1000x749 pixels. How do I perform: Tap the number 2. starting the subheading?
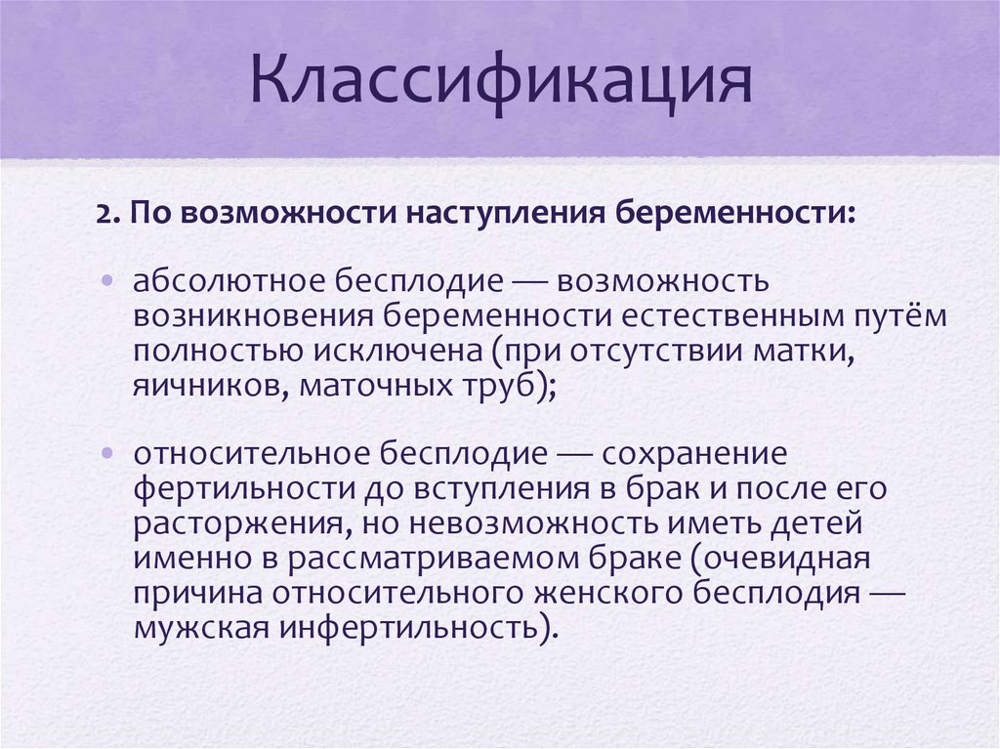point(106,213)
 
